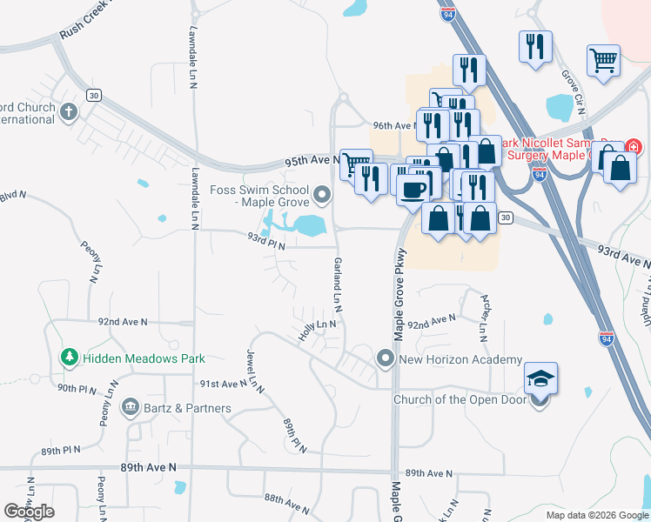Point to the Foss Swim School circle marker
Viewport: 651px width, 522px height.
point(324,193)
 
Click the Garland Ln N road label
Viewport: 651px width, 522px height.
point(336,284)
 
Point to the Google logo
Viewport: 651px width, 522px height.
point(29,512)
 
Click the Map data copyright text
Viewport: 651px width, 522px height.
point(596,515)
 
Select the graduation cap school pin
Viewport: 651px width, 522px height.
point(540,378)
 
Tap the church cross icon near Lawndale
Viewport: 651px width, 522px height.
point(68,111)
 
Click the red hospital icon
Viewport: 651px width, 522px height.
point(632,147)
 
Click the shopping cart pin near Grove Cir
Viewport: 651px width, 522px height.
point(602,60)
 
